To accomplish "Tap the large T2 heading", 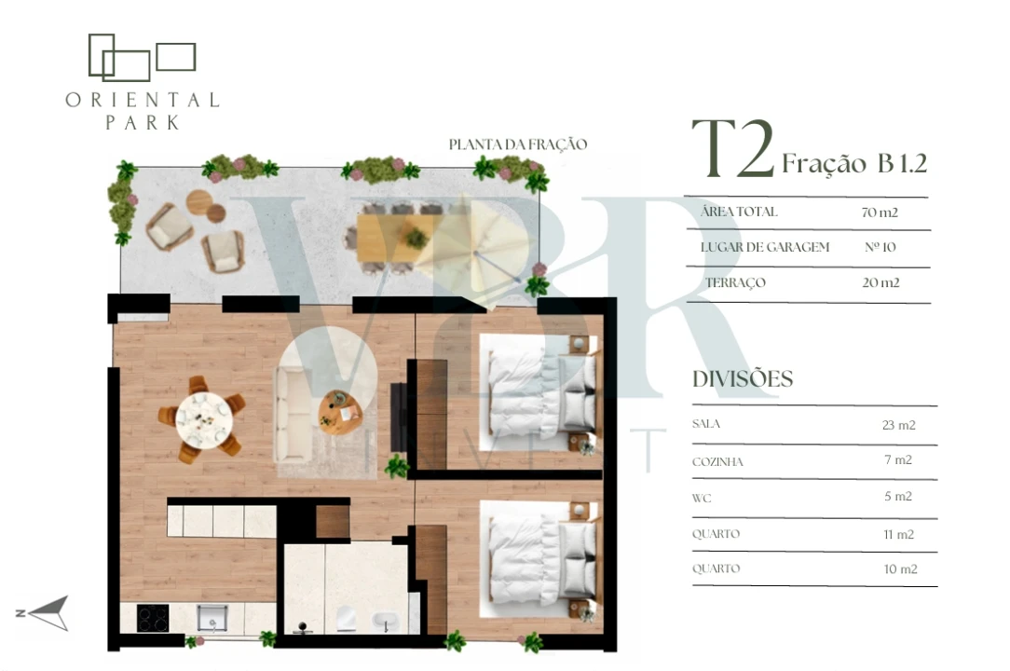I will pyautogui.click(x=732, y=151).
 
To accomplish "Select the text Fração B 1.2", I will pyautogui.click(x=854, y=164).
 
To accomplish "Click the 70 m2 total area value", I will pyautogui.click(x=880, y=212).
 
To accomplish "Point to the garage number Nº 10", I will pyautogui.click(x=880, y=248).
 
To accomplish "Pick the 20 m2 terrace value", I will pyautogui.click(x=880, y=283).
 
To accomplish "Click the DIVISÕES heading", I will pyautogui.click(x=743, y=379).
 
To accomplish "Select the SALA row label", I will pyautogui.click(x=706, y=424).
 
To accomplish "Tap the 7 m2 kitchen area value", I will pyautogui.click(x=897, y=460).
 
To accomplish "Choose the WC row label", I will pyautogui.click(x=702, y=498).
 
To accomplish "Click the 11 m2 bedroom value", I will pyautogui.click(x=898, y=534).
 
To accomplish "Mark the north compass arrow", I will pyautogui.click(x=48, y=612).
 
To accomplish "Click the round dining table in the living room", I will pyautogui.click(x=201, y=418).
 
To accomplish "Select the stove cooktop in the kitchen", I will pyautogui.click(x=153, y=619).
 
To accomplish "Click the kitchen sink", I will pyautogui.click(x=212, y=618).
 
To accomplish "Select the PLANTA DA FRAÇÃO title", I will pyautogui.click(x=517, y=144).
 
